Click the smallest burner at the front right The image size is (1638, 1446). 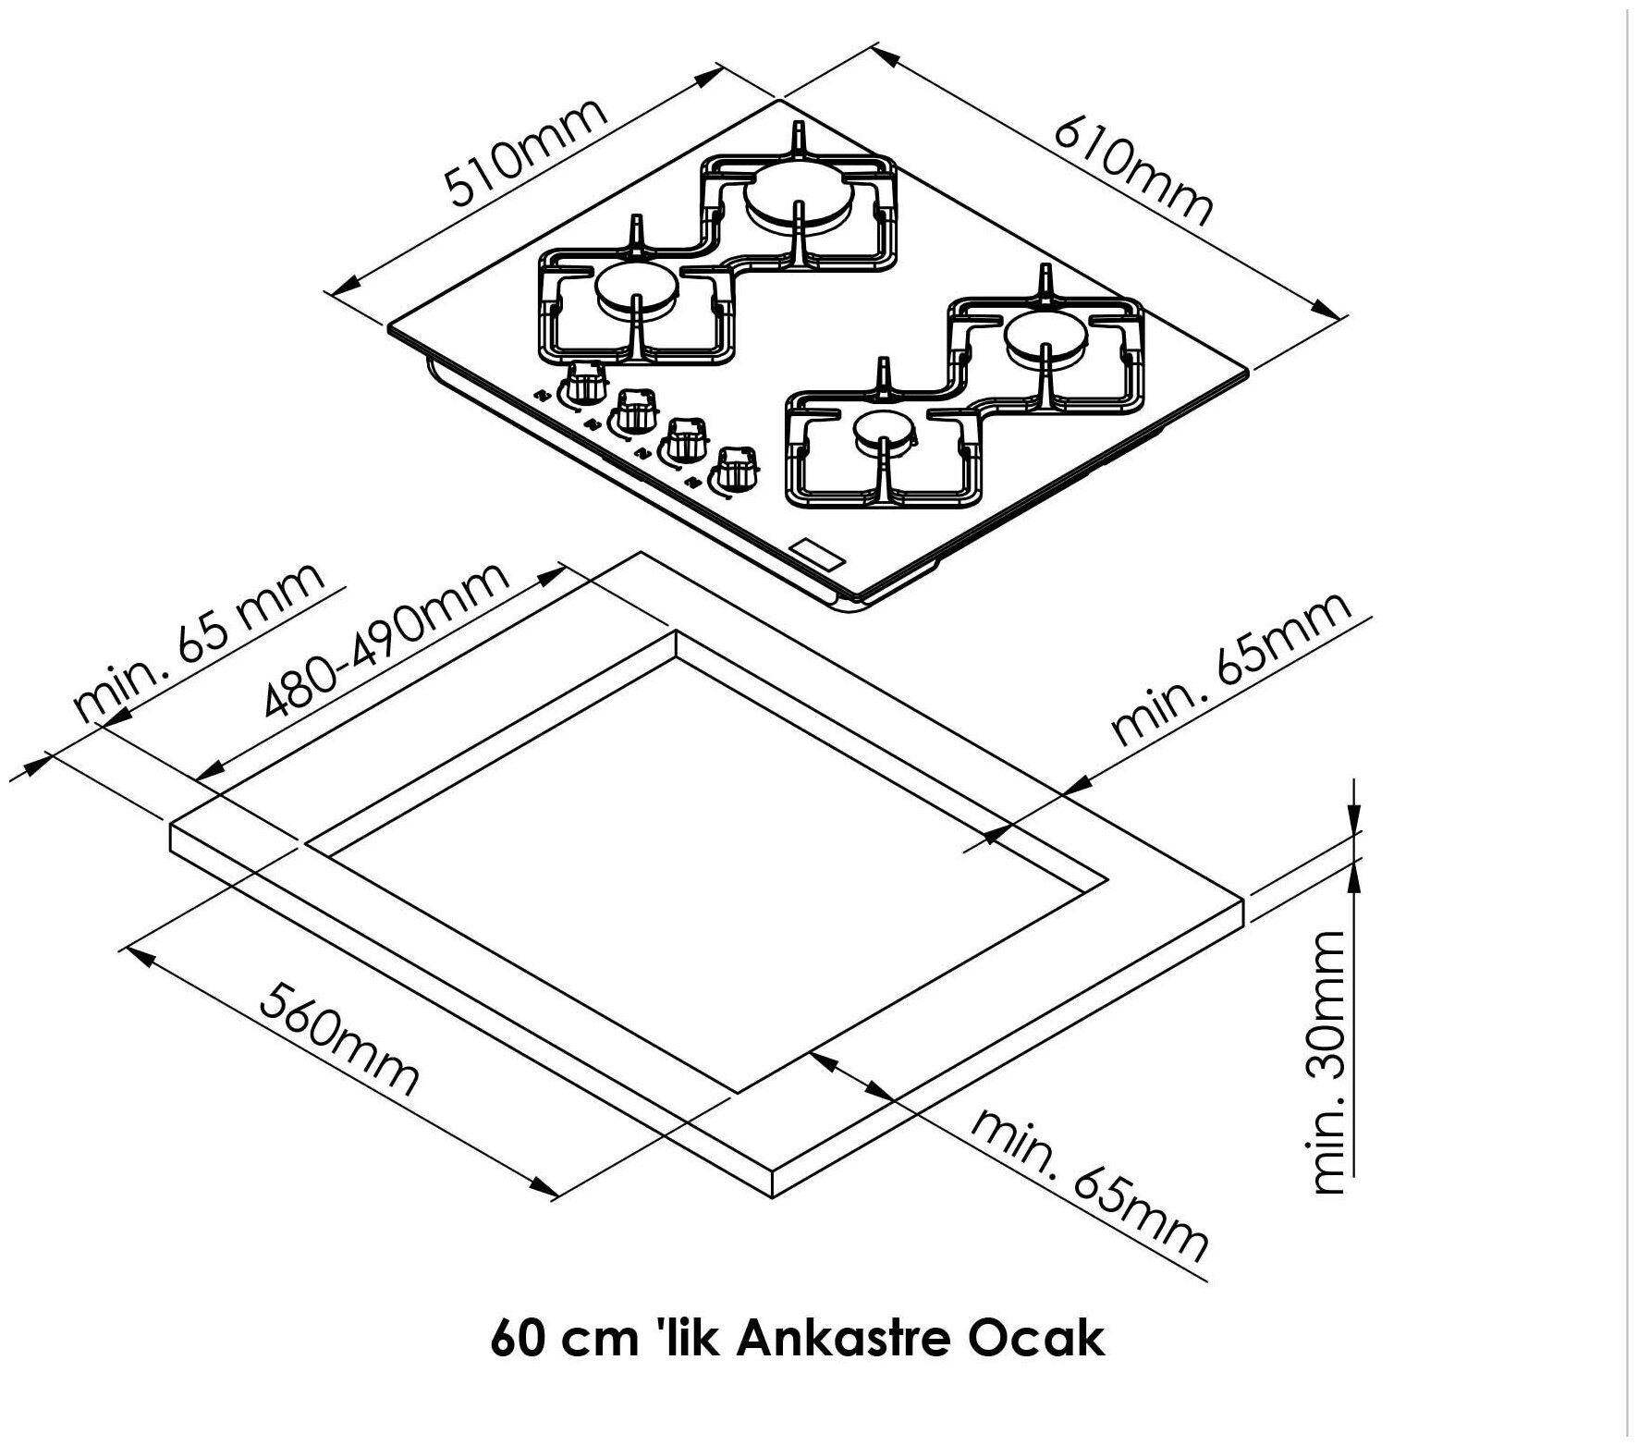(885, 433)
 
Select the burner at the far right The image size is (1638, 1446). (1045, 336)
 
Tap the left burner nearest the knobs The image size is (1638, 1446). (636, 286)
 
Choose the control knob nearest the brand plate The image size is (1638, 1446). (735, 467)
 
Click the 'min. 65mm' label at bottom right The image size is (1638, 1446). (1090, 1185)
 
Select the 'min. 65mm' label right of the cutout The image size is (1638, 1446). (1231, 668)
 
